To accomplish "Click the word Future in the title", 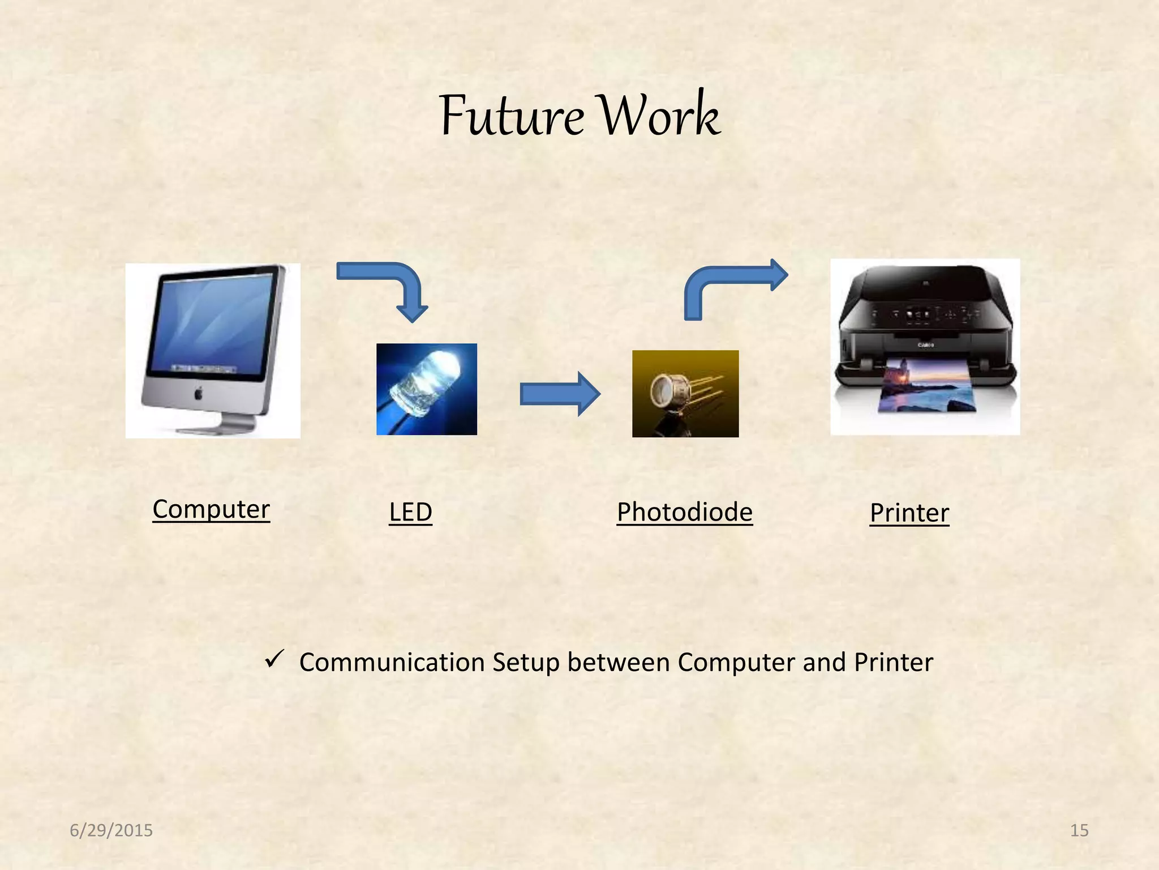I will coord(510,117).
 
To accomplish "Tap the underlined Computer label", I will coord(211,509).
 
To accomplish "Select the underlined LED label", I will coord(410,512).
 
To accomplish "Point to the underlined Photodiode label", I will coord(684,512).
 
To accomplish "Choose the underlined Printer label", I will coord(909,513).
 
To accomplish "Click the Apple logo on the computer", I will coord(198,393).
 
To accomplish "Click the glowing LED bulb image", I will coord(426,385).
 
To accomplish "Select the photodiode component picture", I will coord(685,393).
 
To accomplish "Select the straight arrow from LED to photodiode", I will coord(559,394).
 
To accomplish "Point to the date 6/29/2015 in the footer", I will coord(111,830).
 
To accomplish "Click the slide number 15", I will coord(1079,830).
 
